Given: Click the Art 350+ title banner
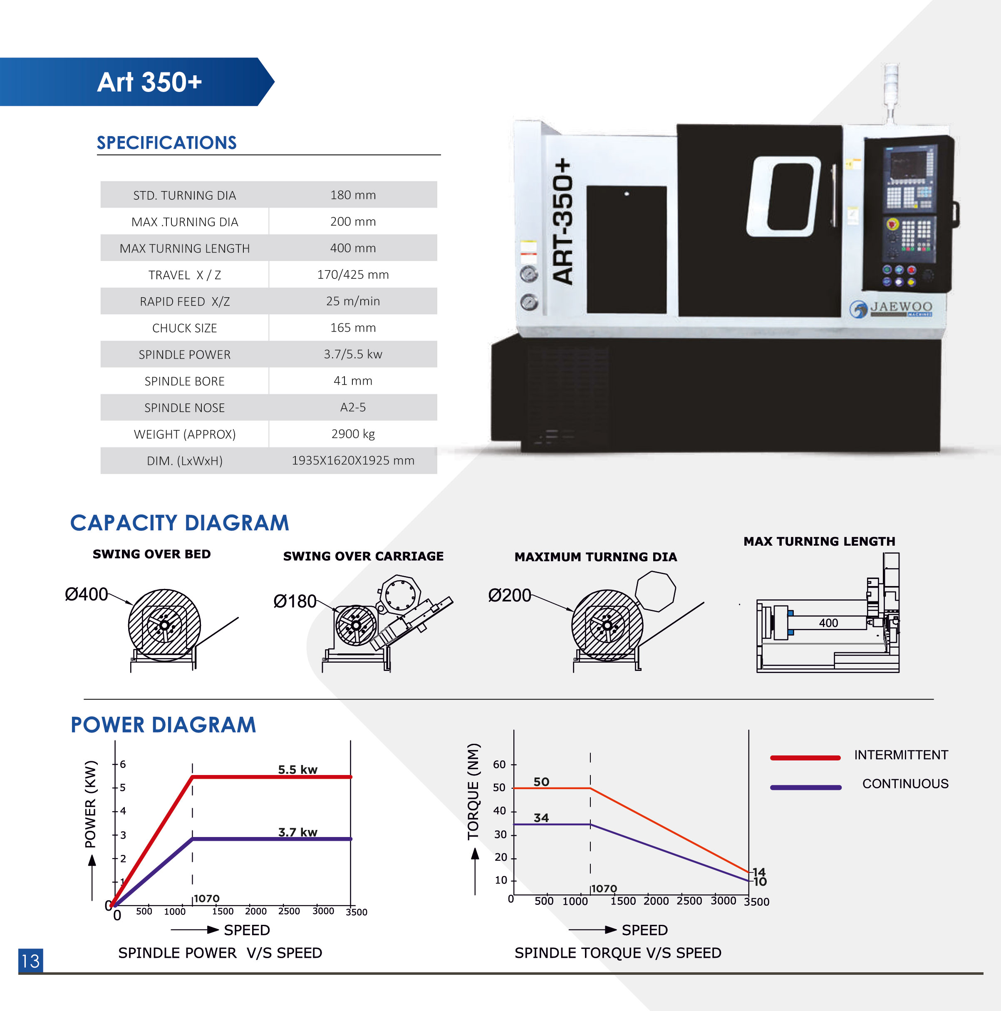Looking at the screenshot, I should [x=149, y=82].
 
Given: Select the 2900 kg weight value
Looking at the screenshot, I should [x=353, y=434].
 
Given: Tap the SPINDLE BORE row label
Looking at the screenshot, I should [x=185, y=381].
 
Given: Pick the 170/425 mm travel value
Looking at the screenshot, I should [x=353, y=275].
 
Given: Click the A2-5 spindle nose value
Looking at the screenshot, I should [x=353, y=407].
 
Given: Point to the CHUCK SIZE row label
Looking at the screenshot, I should [x=185, y=328].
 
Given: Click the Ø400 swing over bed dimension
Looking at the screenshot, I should [x=86, y=594].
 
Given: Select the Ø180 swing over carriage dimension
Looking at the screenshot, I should [x=295, y=601].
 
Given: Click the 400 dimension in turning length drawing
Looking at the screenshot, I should [x=828, y=623].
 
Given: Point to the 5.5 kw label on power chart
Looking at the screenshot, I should [x=297, y=769].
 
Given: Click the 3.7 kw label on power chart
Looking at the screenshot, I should [x=297, y=832].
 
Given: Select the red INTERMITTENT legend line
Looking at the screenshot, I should [x=805, y=757].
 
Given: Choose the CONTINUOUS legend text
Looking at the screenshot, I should [x=905, y=783].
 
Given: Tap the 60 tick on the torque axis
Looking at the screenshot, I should [x=499, y=765].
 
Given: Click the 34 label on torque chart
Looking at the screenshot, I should [x=541, y=818].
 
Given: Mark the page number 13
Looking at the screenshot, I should [x=30, y=961].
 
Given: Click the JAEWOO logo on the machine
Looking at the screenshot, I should [x=891, y=308].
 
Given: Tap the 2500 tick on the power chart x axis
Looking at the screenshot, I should [x=289, y=911].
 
